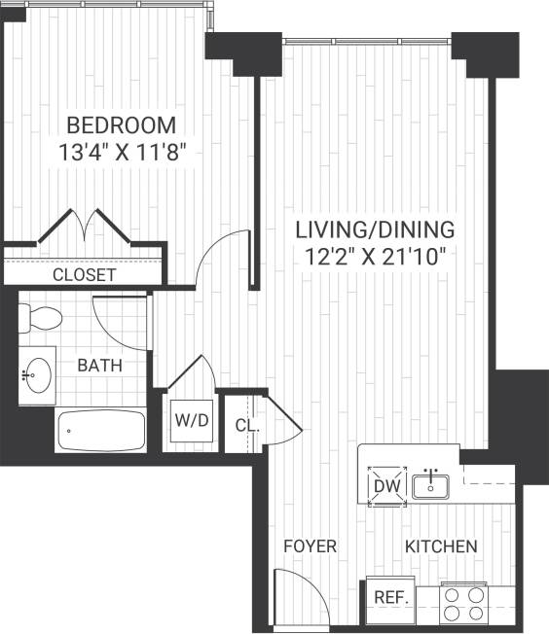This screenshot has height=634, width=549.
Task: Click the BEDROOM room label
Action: pyautogui.click(x=121, y=124)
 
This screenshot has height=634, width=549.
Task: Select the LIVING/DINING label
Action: pyautogui.click(x=375, y=230)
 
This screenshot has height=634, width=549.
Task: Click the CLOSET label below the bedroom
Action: pyautogui.click(x=84, y=275)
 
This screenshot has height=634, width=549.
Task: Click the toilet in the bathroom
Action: pyautogui.click(x=40, y=317)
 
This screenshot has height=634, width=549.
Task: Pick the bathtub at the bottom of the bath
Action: pyautogui.click(x=100, y=429)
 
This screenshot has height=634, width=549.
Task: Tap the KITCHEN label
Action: pyautogui.click(x=441, y=546)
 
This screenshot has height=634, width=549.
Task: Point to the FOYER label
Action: pyautogui.click(x=310, y=546)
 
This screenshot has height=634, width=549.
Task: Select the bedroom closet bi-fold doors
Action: pyautogui.click(x=87, y=227)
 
